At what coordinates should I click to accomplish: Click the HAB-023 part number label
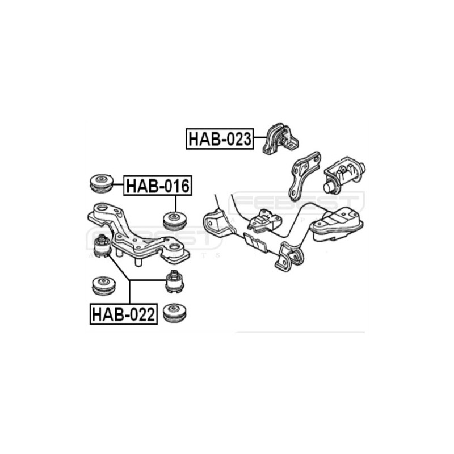(x=220, y=138)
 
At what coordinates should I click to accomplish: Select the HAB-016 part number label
(x=158, y=186)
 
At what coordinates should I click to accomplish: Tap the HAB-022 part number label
(x=123, y=314)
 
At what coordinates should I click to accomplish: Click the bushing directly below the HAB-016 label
(x=175, y=220)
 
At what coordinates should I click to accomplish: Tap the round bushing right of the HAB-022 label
(x=174, y=313)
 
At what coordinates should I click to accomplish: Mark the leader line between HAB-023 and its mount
(x=260, y=138)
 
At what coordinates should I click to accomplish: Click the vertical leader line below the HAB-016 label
(x=176, y=203)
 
